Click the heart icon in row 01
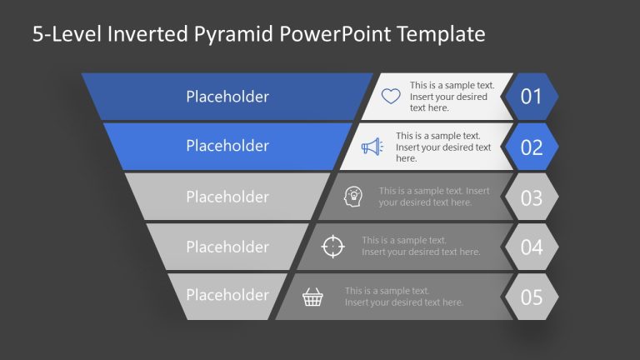(x=391, y=96)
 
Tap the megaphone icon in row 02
(x=371, y=147)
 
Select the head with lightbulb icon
(x=353, y=197)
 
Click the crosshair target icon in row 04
(x=332, y=247)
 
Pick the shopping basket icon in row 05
(x=312, y=297)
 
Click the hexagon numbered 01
(x=532, y=97)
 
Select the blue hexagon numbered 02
(x=532, y=147)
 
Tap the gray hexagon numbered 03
(x=532, y=197)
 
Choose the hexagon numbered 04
(x=532, y=247)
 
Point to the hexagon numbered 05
(x=532, y=297)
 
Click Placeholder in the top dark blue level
(x=227, y=97)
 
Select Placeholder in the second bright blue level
(x=227, y=146)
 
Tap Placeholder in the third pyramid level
(x=227, y=197)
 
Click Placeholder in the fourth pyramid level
(x=227, y=247)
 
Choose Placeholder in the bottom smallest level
(x=227, y=295)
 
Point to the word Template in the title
(x=441, y=34)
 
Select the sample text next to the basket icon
(x=404, y=297)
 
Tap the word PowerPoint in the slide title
(x=331, y=34)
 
